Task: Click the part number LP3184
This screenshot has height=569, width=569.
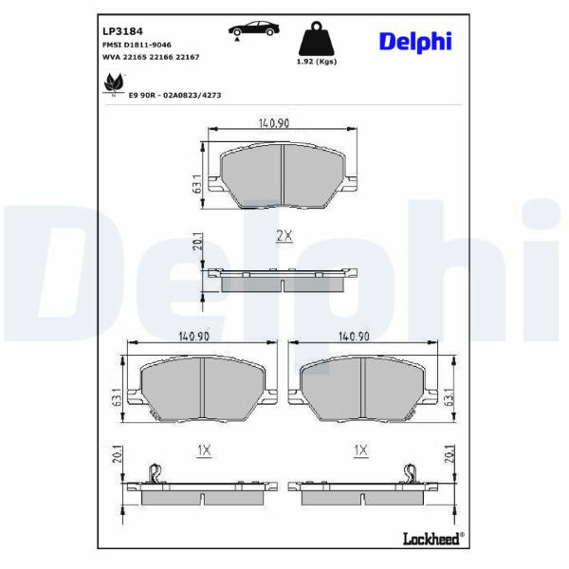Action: click(x=122, y=31)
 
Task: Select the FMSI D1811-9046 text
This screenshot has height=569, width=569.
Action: click(x=137, y=45)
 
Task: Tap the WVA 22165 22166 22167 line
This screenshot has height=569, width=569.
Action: click(x=151, y=57)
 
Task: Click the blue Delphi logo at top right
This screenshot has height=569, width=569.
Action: click(x=415, y=42)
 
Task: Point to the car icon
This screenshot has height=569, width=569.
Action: click(x=253, y=29)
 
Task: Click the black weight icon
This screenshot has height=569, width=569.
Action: click(x=317, y=38)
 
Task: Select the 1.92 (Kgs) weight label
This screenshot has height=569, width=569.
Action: click(x=317, y=62)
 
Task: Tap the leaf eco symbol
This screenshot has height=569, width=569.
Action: click(x=113, y=84)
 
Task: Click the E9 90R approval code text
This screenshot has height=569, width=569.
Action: click(x=174, y=95)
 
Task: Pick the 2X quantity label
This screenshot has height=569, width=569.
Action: click(x=284, y=236)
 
